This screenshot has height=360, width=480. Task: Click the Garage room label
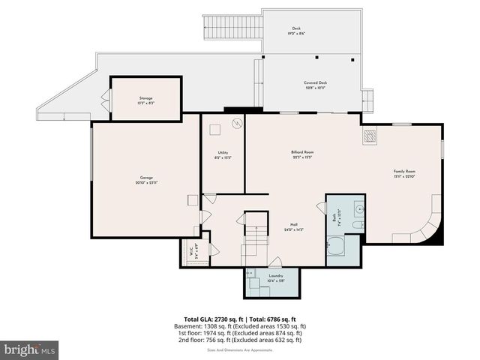[145, 180]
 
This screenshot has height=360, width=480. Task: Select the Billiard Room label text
[302, 154]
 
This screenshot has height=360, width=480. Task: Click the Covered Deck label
[315, 85]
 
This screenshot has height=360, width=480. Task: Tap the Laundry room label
[276, 278]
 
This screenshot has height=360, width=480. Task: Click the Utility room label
[223, 154]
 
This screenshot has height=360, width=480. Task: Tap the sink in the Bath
[359, 208]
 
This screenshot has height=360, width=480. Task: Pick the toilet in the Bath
[358, 224]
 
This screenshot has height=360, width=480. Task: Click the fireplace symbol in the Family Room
[370, 136]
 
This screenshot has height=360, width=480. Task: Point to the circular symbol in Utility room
[236, 124]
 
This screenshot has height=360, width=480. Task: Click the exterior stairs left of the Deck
[233, 28]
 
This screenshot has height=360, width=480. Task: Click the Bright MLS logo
[30, 349]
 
